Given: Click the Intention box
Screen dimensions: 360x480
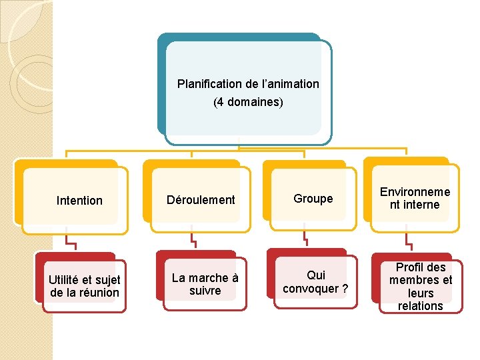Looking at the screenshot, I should (x=79, y=201).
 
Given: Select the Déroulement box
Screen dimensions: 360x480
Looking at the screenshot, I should (x=201, y=200).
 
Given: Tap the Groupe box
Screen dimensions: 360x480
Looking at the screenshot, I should (x=313, y=199).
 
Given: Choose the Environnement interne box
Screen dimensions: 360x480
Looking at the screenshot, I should (x=415, y=199).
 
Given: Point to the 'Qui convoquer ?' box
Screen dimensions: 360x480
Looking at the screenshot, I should (x=315, y=282).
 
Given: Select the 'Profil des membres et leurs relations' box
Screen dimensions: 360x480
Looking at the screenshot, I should (x=420, y=287).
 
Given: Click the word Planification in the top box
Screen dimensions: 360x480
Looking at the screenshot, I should (x=209, y=85).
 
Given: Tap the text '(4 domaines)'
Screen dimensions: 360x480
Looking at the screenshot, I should (x=248, y=103).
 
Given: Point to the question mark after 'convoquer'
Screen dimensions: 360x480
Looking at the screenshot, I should (x=345, y=289).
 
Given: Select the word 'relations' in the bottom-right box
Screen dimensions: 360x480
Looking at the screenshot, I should (x=420, y=306).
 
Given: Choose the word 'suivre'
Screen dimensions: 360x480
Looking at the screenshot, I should (x=205, y=291).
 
